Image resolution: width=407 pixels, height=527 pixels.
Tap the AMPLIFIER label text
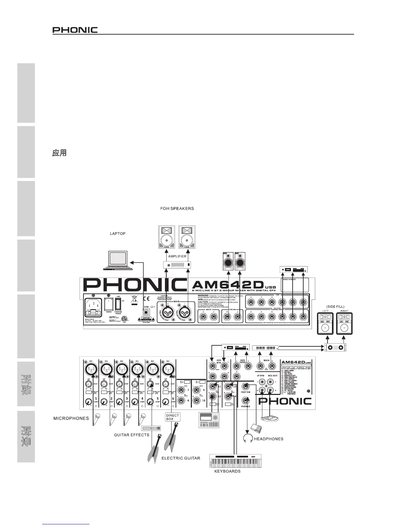tap(177, 257)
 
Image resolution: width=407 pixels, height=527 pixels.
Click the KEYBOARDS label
tap(227, 471)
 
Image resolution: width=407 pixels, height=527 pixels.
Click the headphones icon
tap(248, 438)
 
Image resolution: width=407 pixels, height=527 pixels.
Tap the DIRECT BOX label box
tap(173, 417)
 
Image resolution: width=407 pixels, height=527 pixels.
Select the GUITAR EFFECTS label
tap(132, 435)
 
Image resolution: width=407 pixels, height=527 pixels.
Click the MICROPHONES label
tap(71, 418)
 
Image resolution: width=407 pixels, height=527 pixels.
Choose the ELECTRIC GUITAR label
tap(181, 458)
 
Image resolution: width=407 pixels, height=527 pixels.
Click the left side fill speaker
tap(325, 323)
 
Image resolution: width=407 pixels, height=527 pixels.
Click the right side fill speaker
tap(344, 323)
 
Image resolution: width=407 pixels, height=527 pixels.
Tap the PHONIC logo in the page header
tap(75, 30)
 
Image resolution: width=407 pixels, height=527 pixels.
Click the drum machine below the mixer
tap(209, 420)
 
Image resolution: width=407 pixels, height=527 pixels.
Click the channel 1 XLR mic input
tap(90, 369)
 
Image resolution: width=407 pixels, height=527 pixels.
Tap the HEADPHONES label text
tap(269, 439)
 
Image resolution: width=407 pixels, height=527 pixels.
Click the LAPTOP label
tap(118, 234)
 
